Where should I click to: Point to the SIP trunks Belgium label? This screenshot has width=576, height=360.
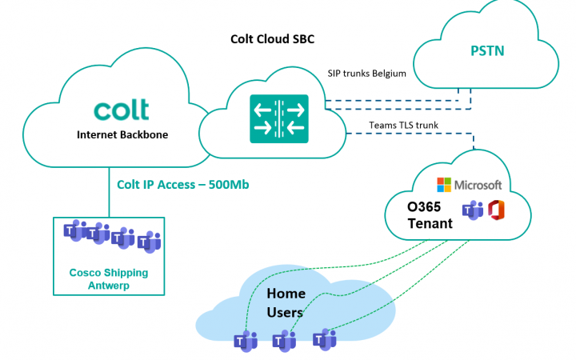[367, 74]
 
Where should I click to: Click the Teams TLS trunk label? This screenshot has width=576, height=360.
[405, 125]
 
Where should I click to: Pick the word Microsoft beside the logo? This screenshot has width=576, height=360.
[478, 185]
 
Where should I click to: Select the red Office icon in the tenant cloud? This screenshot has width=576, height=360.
[498, 212]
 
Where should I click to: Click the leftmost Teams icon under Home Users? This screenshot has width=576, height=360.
[244, 340]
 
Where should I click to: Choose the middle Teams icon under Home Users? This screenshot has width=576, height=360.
[285, 340]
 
